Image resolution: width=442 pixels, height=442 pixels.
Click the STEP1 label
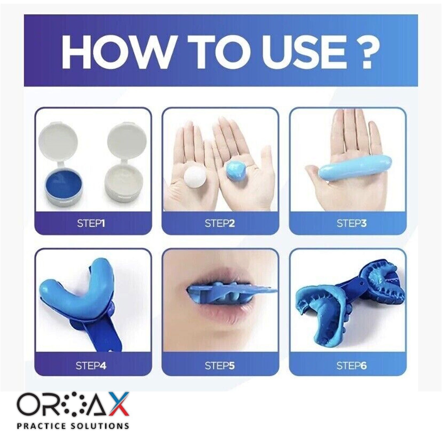click(x=91, y=223)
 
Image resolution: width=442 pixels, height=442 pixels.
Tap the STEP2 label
click(x=220, y=223)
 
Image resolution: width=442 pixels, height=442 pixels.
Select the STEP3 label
click(x=351, y=223)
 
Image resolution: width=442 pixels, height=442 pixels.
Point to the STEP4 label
click(x=91, y=366)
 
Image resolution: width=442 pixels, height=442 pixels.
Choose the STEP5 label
click(x=220, y=366)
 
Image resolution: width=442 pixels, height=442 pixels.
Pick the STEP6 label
click(x=351, y=366)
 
